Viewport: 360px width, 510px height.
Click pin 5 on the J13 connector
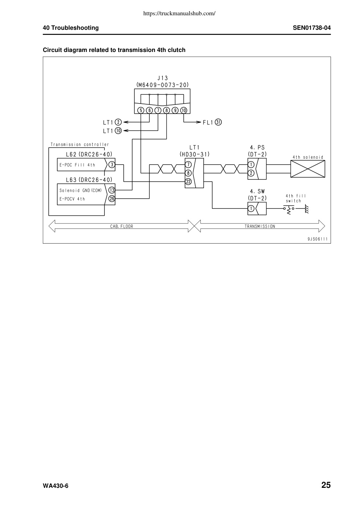point(141,110)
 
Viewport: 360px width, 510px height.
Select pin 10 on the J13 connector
point(184,110)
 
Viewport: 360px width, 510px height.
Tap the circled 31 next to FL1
point(218,122)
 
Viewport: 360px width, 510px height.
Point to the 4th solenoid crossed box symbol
point(308,169)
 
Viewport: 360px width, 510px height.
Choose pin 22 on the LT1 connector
point(188,182)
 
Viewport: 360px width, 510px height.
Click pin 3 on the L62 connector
point(112,165)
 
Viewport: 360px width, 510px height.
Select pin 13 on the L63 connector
point(112,190)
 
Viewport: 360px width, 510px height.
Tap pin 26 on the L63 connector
point(112,199)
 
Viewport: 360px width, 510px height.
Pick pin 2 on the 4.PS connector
point(251,173)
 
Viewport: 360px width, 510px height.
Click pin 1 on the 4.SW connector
point(251,209)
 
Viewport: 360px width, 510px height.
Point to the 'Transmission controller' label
point(80,145)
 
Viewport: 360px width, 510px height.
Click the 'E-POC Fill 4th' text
point(77,165)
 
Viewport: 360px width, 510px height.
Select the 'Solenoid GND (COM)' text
point(81,190)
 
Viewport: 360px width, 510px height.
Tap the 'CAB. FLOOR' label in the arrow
point(122,226)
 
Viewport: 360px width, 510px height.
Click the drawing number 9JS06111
point(318,239)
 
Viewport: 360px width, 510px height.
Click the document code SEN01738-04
point(312,28)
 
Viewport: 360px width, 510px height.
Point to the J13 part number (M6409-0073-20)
point(162,85)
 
